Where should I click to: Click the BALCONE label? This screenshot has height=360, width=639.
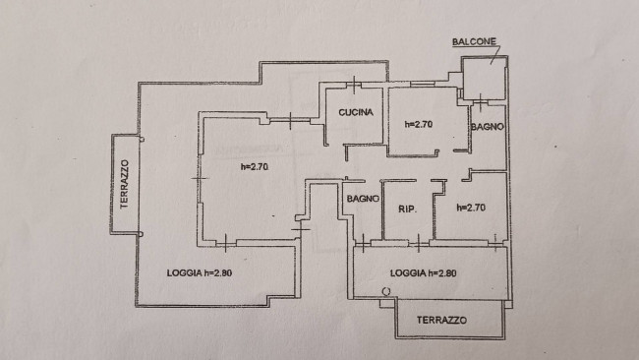tap(474, 41)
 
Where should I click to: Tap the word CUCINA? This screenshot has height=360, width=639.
tap(355, 112)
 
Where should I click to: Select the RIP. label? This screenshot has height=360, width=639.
tap(407, 210)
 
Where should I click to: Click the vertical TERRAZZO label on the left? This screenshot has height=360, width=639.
tap(124, 184)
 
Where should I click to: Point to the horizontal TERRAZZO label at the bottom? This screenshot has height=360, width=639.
tap(441, 320)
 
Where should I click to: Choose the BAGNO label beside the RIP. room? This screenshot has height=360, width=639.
tap(363, 199)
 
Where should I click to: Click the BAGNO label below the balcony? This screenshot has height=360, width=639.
tap(488, 127)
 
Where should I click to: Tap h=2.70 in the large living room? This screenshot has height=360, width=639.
tap(255, 166)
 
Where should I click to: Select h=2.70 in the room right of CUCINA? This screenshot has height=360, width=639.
tap(419, 124)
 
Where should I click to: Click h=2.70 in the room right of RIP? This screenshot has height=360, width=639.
tap(471, 208)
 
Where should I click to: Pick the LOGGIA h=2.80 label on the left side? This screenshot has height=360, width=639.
tap(200, 272)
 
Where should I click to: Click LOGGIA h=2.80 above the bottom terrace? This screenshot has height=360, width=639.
tap(423, 273)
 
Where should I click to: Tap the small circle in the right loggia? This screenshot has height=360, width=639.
tap(386, 291)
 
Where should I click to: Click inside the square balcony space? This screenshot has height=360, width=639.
tap(484, 79)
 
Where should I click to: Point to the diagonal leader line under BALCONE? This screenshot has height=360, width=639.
tap(496, 54)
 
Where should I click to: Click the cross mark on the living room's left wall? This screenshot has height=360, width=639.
tap(200, 179)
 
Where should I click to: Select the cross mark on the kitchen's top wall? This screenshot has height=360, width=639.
tap(354, 85)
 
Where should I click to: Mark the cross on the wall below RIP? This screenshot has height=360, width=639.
tap(419, 243)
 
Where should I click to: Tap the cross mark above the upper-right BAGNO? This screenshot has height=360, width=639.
tap(481, 102)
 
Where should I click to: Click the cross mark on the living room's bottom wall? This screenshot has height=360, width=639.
tap(226, 243)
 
